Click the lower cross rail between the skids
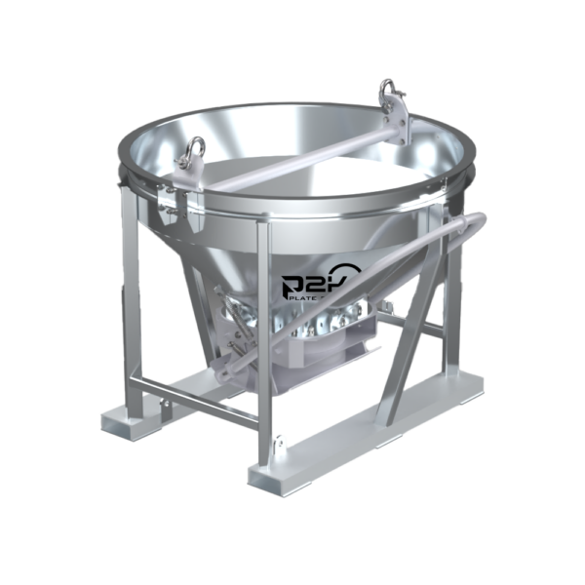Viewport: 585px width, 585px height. coord(195,390)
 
